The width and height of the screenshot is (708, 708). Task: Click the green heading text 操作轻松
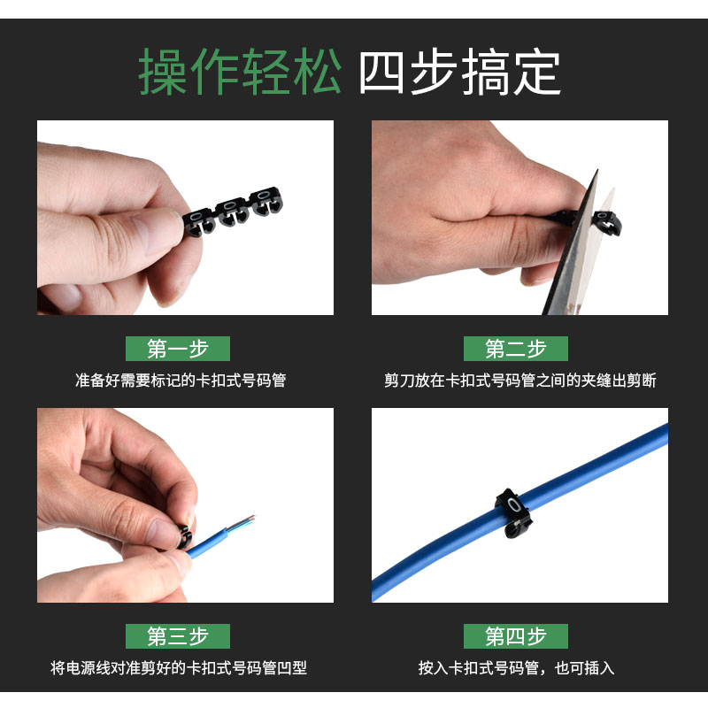click(x=239, y=73)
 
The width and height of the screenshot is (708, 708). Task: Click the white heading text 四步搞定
click(x=459, y=73)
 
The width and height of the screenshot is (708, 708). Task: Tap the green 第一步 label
click(x=178, y=349)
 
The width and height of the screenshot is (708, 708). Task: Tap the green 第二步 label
click(x=516, y=349)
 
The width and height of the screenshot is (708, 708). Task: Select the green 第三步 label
click(x=178, y=636)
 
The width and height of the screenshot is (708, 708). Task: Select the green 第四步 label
click(x=516, y=636)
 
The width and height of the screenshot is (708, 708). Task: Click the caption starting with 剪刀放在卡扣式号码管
click(x=520, y=381)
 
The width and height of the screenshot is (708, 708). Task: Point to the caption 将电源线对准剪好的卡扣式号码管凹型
click(x=179, y=668)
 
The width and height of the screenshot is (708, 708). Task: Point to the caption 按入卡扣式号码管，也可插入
click(x=516, y=668)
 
